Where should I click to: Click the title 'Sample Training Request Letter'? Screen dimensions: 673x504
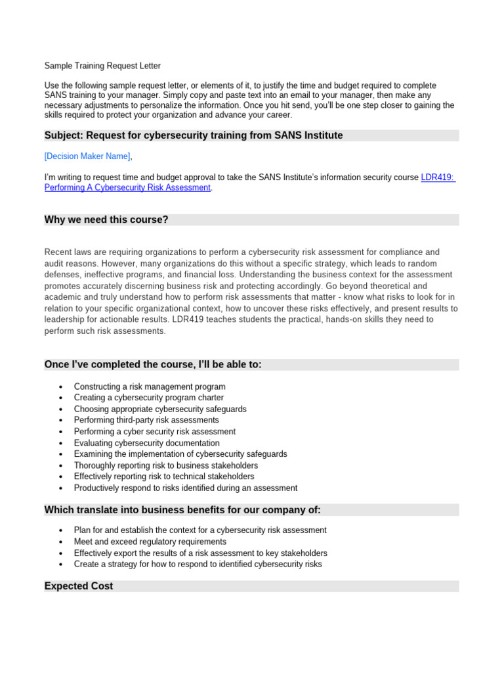click(102, 66)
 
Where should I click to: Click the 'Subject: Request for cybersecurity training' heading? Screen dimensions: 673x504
click(193, 135)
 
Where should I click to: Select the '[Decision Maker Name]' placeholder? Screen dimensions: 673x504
click(87, 156)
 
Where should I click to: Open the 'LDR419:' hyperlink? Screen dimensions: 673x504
click(438, 177)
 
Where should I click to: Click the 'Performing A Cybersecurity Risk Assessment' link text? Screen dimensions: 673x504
click(127, 187)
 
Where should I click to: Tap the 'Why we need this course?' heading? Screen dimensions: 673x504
click(106, 220)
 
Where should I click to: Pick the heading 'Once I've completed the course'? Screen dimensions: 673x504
click(153, 364)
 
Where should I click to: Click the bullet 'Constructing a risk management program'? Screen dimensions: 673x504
click(150, 386)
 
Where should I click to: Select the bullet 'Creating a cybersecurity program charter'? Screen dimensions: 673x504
click(148, 398)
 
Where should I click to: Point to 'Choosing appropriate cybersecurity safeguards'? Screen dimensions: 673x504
click(160, 409)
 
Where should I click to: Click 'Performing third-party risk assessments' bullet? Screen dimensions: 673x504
click(146, 420)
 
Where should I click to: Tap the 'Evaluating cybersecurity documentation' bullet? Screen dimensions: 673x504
click(146, 443)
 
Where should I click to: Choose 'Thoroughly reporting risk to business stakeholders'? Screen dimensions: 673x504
click(166, 465)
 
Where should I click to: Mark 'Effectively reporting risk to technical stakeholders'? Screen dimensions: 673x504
click(164, 476)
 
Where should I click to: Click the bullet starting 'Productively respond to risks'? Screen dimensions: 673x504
click(185, 488)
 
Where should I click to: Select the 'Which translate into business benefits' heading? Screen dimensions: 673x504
click(182, 510)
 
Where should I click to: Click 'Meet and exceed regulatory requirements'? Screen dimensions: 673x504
click(150, 542)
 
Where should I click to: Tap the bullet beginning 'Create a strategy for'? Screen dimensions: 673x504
click(198, 564)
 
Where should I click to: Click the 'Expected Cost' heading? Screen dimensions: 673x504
click(79, 586)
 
